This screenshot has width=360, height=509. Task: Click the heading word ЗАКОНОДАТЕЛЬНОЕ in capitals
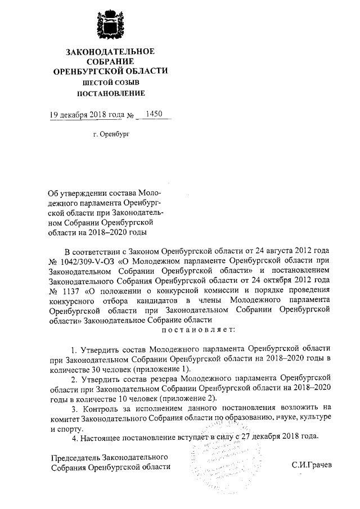tap(110, 52)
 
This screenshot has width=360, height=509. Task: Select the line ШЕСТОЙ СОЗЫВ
tap(110, 82)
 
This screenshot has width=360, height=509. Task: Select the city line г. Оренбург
tap(111, 136)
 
